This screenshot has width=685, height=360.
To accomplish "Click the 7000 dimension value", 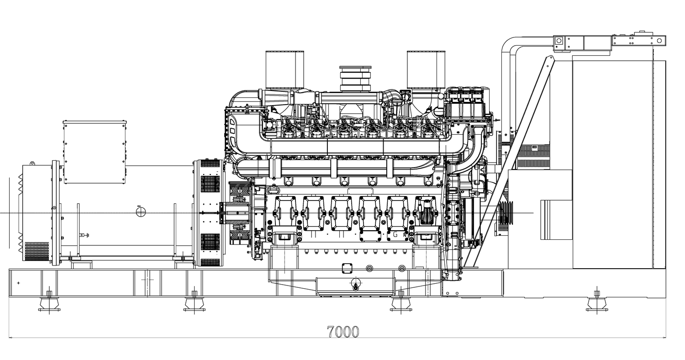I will pyautogui.click(x=343, y=332).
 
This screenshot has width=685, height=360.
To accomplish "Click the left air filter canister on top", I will pyautogui.click(x=285, y=69).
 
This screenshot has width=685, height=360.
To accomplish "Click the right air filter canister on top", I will pyautogui.click(x=426, y=69).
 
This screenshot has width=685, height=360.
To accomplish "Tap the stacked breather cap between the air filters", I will pyautogui.click(x=355, y=79).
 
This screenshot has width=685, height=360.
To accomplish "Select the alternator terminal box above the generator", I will pyautogui.click(x=95, y=152).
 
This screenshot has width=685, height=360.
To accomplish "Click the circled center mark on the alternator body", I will pyautogui.click(x=141, y=212).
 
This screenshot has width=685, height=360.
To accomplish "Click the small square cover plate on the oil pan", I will pyautogui.click(x=347, y=268).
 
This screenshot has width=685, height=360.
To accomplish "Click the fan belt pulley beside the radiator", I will pyautogui.click(x=505, y=212).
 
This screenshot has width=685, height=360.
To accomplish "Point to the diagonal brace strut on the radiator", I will pyautogui.click(x=511, y=160).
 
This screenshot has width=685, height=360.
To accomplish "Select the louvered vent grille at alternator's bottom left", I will pyautogui.click(x=37, y=251).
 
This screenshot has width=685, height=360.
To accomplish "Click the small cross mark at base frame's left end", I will pyautogui.click(x=18, y=283).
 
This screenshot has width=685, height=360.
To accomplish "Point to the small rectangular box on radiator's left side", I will pyautogui.click(x=556, y=219).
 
